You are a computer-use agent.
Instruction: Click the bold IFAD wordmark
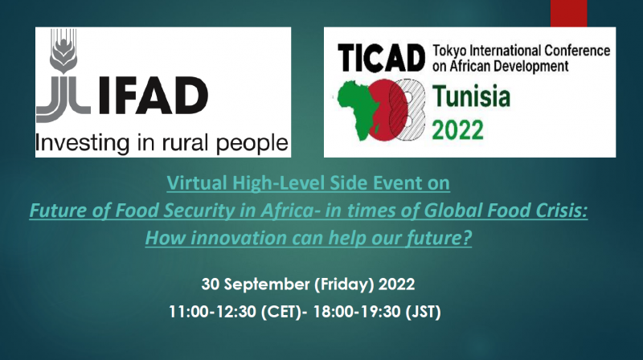[x=154, y=96]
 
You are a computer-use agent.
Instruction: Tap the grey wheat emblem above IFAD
[x=63, y=51]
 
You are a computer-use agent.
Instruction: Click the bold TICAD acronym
[x=381, y=58]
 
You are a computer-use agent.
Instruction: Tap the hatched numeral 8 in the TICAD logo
[x=406, y=109]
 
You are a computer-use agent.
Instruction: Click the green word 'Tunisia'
[x=472, y=96]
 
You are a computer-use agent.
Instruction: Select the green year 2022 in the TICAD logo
[x=457, y=130]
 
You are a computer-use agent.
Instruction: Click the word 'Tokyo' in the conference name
[x=449, y=51]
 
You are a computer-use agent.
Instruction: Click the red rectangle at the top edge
[x=568, y=13]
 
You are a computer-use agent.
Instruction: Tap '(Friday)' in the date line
[x=345, y=284]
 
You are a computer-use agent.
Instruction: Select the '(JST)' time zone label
[x=423, y=312]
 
